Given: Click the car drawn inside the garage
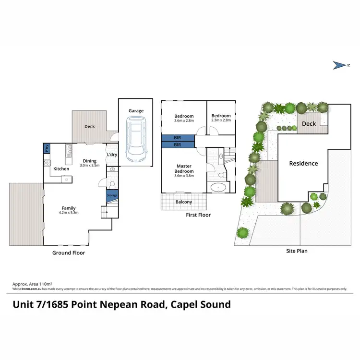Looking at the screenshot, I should pos(136,141).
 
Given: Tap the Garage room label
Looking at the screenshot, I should pos(136,111).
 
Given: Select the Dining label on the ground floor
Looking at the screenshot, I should pos(89,161).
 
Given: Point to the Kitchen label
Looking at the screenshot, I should pos(61,169).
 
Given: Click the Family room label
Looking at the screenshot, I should pos(68,208).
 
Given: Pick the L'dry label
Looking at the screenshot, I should pos(112,155).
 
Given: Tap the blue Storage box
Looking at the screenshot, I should pos(112,195).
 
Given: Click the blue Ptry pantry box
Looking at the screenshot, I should pos(47,148).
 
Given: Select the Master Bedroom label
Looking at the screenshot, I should pos(184,168).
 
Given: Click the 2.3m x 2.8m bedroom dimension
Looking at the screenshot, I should pos(221,120).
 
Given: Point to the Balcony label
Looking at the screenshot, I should pos(183,202).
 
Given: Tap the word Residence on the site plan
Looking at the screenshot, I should pos(303,163).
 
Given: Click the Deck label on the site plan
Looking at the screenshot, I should pos(309,124).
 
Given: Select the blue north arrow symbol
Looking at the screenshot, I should pos(338,65).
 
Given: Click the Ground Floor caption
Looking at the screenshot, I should pos(69,252).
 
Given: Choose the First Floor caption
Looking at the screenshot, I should pos(198,215).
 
